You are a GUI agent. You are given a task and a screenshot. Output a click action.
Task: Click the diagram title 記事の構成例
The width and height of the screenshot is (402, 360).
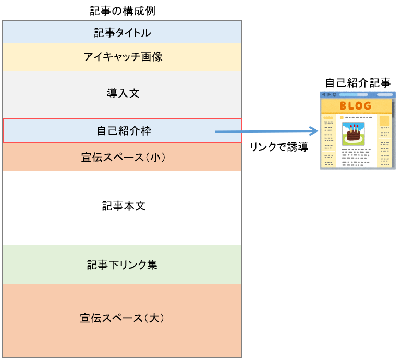tap(122, 10)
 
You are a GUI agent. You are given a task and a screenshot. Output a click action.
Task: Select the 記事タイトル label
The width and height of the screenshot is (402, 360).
tap(122, 33)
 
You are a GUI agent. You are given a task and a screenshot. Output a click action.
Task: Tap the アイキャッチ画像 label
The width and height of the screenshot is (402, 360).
tap(122, 57)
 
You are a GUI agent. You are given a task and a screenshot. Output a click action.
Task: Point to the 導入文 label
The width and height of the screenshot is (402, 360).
tap(122, 93)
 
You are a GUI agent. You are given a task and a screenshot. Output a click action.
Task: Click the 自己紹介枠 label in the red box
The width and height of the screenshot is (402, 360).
tap(122, 131)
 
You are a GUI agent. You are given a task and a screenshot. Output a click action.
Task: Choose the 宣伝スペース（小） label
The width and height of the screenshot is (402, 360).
tap(122, 157)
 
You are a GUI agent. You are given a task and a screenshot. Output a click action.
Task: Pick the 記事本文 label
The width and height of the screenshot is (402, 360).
tap(122, 206)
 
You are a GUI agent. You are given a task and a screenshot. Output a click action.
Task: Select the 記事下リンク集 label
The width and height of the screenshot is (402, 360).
tap(122, 265)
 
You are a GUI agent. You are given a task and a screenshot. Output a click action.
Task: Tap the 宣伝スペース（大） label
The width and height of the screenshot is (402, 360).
tap(122, 318)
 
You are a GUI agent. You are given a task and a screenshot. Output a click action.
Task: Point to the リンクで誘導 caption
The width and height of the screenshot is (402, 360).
tap(278, 148)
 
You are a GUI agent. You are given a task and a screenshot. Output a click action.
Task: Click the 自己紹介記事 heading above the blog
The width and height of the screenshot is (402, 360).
tap(358, 82)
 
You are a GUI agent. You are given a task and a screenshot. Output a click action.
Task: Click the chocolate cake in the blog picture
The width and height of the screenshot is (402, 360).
tap(353, 136)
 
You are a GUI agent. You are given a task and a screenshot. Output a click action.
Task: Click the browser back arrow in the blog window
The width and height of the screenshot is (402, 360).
tap(323, 94)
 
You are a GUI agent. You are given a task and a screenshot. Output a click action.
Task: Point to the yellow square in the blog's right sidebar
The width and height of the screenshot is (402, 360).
tap(384, 122)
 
